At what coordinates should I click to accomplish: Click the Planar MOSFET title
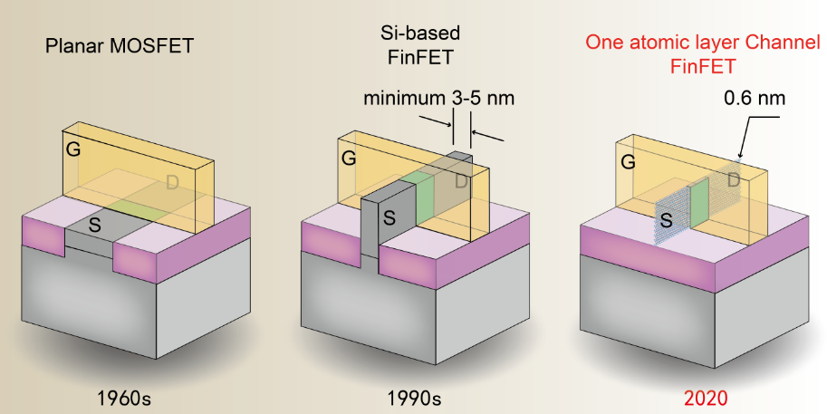(x=120, y=44)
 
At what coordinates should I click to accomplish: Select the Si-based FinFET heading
(x=419, y=44)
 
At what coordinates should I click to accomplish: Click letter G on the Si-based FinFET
(x=349, y=159)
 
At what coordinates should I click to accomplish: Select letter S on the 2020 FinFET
(x=666, y=219)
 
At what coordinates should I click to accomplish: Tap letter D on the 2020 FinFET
(x=732, y=182)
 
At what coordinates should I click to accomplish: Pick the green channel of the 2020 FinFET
(x=699, y=201)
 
